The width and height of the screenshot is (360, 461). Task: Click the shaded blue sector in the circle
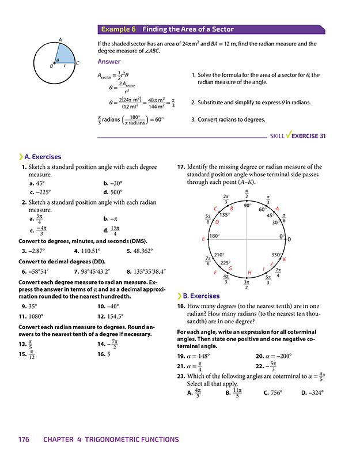(x=65, y=55)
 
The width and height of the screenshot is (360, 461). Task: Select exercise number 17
(x=180, y=167)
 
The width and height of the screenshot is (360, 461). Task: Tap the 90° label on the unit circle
(x=248, y=206)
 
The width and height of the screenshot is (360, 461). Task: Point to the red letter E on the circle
(x=203, y=239)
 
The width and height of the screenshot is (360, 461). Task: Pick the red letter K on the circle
(x=284, y=259)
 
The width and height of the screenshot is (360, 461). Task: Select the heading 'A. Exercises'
(x=43, y=156)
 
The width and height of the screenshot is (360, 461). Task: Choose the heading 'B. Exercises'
(x=201, y=296)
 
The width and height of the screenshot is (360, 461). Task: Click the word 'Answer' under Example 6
(x=109, y=62)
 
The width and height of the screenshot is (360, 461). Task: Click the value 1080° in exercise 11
(x=39, y=316)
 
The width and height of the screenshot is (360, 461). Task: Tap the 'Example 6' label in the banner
(x=118, y=29)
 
